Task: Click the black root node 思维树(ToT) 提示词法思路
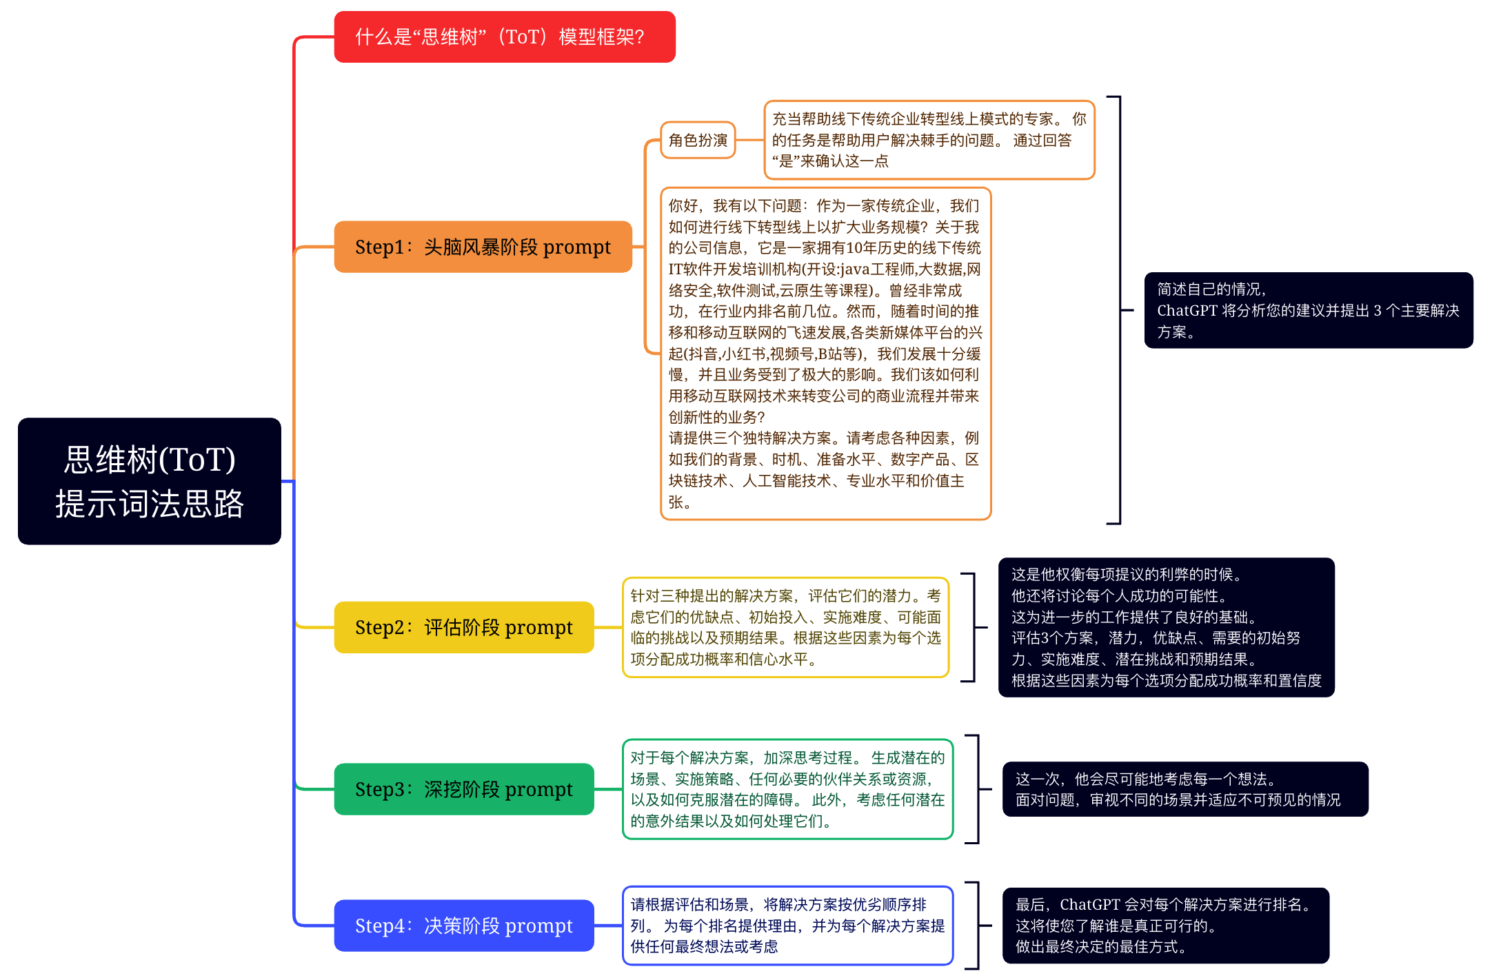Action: click(150, 481)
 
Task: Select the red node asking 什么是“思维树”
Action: click(505, 37)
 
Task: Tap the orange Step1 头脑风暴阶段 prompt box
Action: click(483, 247)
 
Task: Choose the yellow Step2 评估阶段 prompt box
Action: click(464, 627)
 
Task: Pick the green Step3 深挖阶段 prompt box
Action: click(464, 789)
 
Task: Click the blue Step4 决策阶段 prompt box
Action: click(464, 926)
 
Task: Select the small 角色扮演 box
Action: click(698, 141)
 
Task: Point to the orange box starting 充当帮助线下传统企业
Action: click(929, 140)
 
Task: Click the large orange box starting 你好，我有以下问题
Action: click(825, 354)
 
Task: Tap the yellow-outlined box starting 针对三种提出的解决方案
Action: click(785, 627)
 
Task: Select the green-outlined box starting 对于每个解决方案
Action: click(787, 789)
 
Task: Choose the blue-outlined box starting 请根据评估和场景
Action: click(787, 926)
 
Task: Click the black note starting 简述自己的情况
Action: click(1308, 310)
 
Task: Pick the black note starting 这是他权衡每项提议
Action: click(1166, 627)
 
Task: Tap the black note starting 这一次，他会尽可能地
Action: click(1184, 789)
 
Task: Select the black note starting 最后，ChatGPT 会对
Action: click(1165, 926)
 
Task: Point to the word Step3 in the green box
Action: click(380, 789)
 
